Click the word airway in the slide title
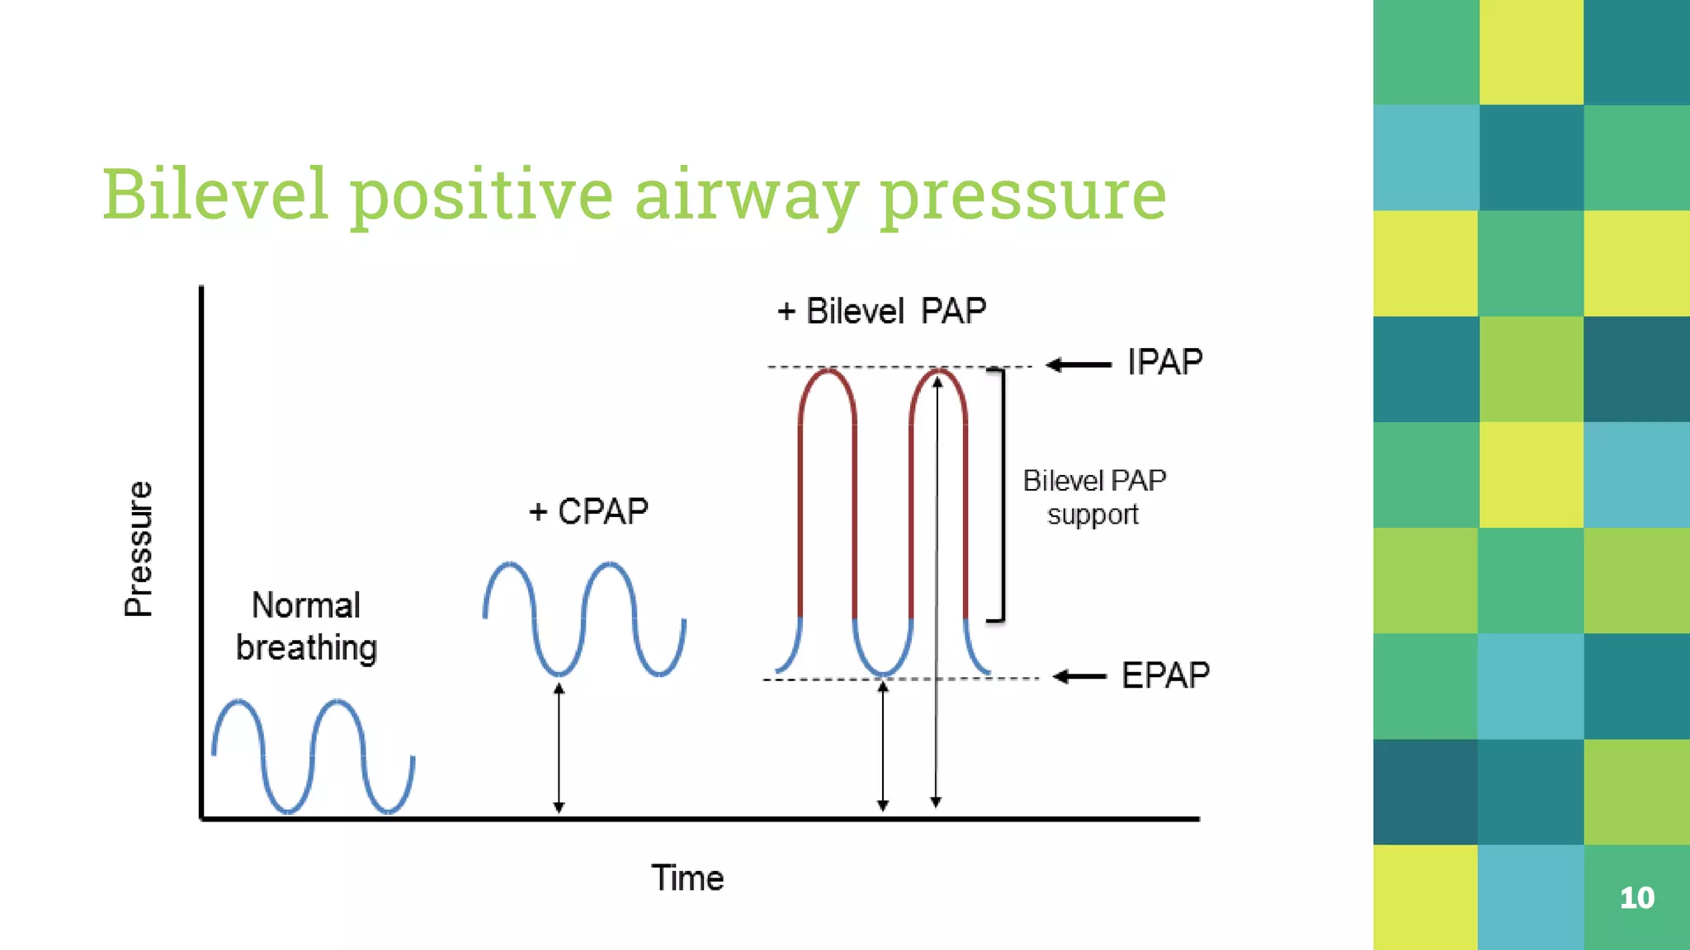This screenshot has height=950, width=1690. click(x=745, y=195)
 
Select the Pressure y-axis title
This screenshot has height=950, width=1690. click(x=139, y=548)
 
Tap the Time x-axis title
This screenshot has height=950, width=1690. click(x=687, y=877)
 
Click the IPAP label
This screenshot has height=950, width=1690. click(x=1164, y=362)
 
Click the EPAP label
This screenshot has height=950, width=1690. click(x=1164, y=675)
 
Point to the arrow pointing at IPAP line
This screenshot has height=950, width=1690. click(x=1078, y=364)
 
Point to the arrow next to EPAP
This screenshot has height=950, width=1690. click(x=1080, y=677)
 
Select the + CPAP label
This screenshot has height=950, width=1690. click(x=588, y=511)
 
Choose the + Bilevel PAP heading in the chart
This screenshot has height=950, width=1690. click(x=881, y=312)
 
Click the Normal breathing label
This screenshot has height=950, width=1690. click(x=306, y=627)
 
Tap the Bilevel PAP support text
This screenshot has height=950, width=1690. click(x=1094, y=497)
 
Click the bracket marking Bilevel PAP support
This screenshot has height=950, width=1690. click(x=1001, y=495)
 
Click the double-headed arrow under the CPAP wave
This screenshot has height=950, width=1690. click(x=559, y=747)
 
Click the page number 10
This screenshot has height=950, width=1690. click(x=1636, y=897)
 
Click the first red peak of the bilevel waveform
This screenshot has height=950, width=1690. click(x=827, y=373)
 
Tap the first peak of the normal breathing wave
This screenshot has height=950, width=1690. click(x=239, y=703)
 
